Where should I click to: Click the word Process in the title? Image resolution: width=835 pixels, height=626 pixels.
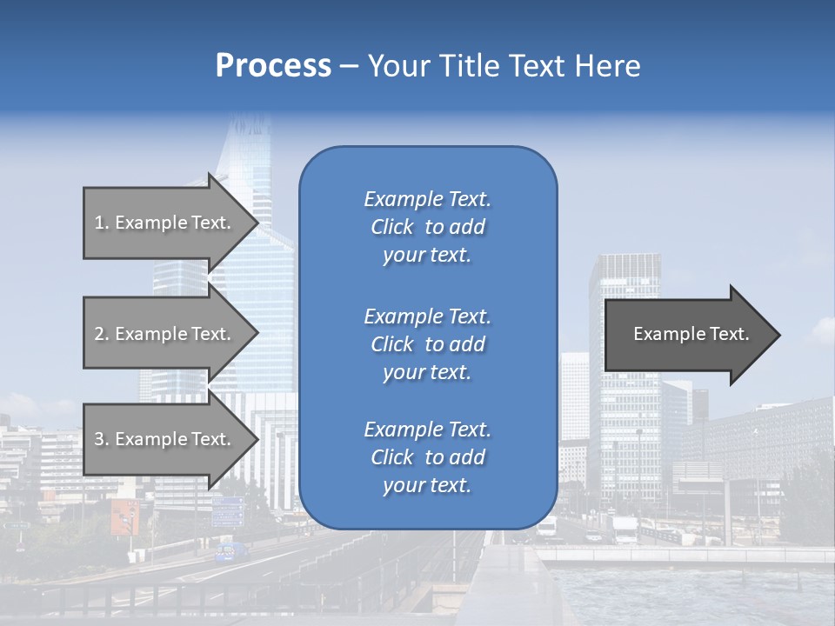(273, 66)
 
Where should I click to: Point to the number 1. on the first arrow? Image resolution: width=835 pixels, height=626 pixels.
(102, 223)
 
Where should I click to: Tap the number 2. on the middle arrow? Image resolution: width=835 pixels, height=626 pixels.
(102, 334)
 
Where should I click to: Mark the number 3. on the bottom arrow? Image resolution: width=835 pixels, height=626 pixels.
(102, 439)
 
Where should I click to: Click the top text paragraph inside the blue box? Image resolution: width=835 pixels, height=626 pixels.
(427, 227)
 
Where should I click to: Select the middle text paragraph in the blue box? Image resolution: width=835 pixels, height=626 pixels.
(427, 344)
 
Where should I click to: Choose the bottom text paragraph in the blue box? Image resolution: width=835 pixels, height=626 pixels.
(427, 457)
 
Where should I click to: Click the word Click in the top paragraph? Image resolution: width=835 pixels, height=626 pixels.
(391, 227)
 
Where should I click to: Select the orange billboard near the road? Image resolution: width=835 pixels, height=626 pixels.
(124, 516)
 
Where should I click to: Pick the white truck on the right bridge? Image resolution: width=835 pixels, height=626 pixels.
(625, 529)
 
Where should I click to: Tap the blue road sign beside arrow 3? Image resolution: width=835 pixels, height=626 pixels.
(228, 511)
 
